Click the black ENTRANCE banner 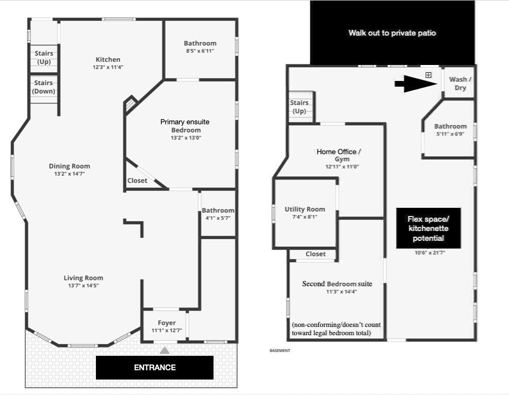pyautogui.click(x=155, y=367)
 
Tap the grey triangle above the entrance pyautogui.click(x=165, y=350)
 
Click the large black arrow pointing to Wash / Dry pyautogui.click(x=416, y=84)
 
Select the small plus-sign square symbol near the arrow pyautogui.click(x=429, y=75)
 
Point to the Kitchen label pyautogui.click(x=108, y=59)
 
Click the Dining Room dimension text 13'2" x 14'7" pyautogui.click(x=70, y=174)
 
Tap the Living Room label pyautogui.click(x=84, y=278)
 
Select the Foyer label pyautogui.click(x=167, y=323)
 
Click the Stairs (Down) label pyautogui.click(x=43, y=87)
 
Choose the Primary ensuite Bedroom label pyautogui.click(x=185, y=126)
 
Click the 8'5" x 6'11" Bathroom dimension pyautogui.click(x=200, y=51)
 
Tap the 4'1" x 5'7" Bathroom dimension pyautogui.click(x=218, y=218)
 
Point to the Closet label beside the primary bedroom pyautogui.click(x=137, y=180)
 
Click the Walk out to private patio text pyautogui.click(x=392, y=33)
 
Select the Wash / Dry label pyautogui.click(x=461, y=84)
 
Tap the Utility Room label pyautogui.click(x=305, y=209)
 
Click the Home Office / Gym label pyautogui.click(x=339, y=155)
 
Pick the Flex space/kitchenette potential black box pyautogui.click(x=428, y=228)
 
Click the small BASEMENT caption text pyautogui.click(x=280, y=351)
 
